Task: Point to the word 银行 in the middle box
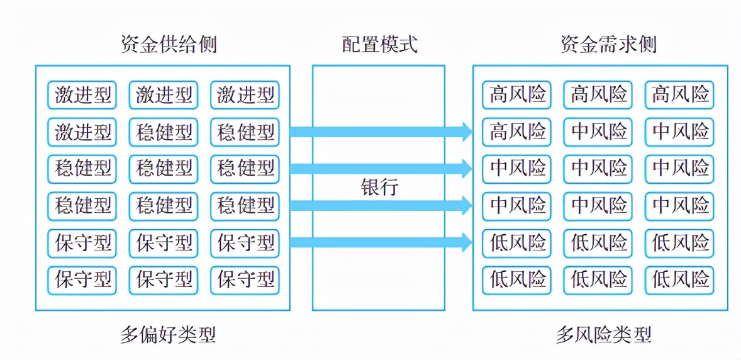(x=379, y=187)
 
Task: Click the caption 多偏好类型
(x=168, y=334)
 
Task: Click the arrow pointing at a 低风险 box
(x=381, y=241)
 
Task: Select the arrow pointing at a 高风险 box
(x=381, y=132)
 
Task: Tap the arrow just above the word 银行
(x=381, y=168)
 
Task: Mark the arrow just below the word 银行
(x=381, y=205)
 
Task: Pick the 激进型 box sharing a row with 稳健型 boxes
(x=83, y=132)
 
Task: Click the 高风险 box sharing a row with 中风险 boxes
(x=516, y=132)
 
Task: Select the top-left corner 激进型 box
(x=83, y=95)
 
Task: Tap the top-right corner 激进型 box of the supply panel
(x=245, y=95)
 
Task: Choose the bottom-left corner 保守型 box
(x=83, y=279)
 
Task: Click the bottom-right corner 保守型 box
(x=245, y=279)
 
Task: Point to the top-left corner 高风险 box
(x=516, y=95)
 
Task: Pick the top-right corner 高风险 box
(x=679, y=95)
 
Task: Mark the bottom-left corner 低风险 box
(x=516, y=279)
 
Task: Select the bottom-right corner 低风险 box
(x=679, y=279)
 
